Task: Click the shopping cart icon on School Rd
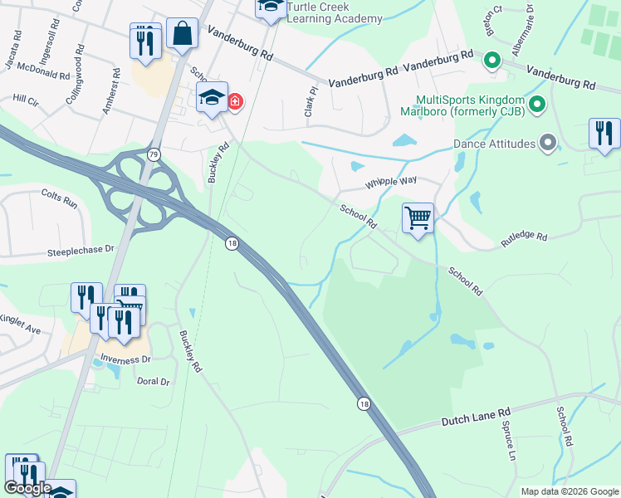tap(418, 219)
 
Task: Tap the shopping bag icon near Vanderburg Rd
tap(182, 34)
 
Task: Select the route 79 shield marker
tap(154, 154)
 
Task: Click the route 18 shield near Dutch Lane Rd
tap(364, 403)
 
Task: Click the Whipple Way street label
tap(391, 182)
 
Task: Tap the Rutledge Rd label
tap(524, 239)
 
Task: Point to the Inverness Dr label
tap(125, 359)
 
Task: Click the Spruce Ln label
tap(507, 441)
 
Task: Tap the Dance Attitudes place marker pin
tap(547, 144)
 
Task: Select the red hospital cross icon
tap(235, 102)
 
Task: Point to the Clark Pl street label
tap(313, 101)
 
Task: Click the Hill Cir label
tap(26, 98)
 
